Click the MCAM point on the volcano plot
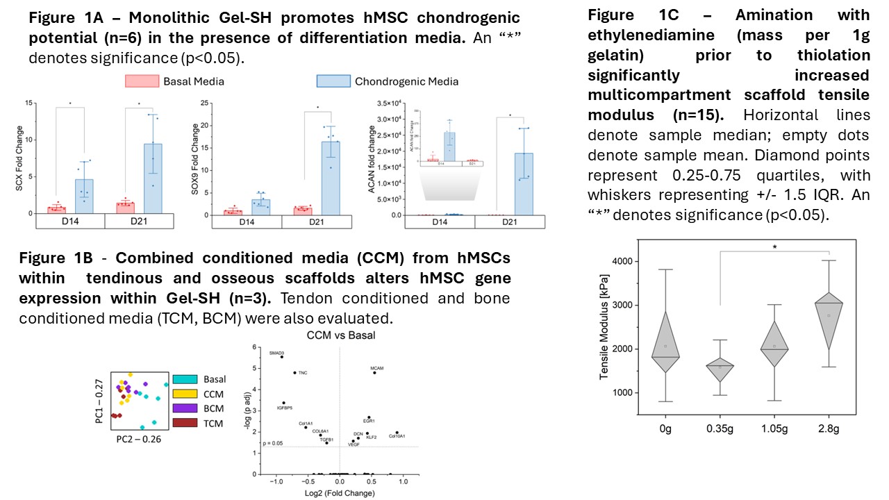[x=374, y=373]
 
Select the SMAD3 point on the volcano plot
[x=281, y=357]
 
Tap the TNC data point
[x=294, y=373]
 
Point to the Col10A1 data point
[x=397, y=433]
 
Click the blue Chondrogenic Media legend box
[x=332, y=81]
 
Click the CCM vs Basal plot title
[x=340, y=335]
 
